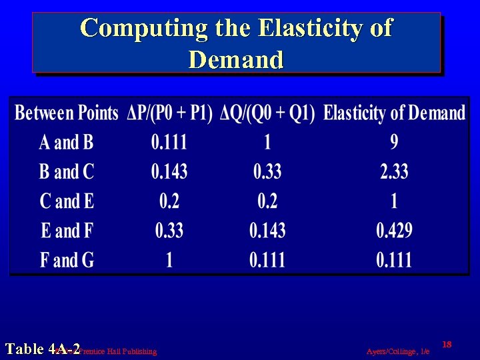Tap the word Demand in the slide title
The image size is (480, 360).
point(236,59)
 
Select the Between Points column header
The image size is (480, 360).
point(67,113)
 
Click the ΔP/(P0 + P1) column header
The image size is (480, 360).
point(170,113)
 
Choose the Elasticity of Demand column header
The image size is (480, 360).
point(394,113)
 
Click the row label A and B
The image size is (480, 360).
point(67,142)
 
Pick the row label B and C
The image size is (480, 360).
point(67,171)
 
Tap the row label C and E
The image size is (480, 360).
point(67,201)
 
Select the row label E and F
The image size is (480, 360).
point(67,231)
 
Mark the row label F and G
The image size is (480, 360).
point(67,259)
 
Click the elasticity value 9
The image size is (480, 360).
point(394,142)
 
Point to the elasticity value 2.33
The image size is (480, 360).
point(394,171)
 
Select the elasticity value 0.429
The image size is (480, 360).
point(394,231)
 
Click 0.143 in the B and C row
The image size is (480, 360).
point(169,171)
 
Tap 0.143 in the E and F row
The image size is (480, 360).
point(267,231)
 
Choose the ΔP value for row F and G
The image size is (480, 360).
point(169,259)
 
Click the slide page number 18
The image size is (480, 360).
point(447,344)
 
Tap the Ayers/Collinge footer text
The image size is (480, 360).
point(398,351)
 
